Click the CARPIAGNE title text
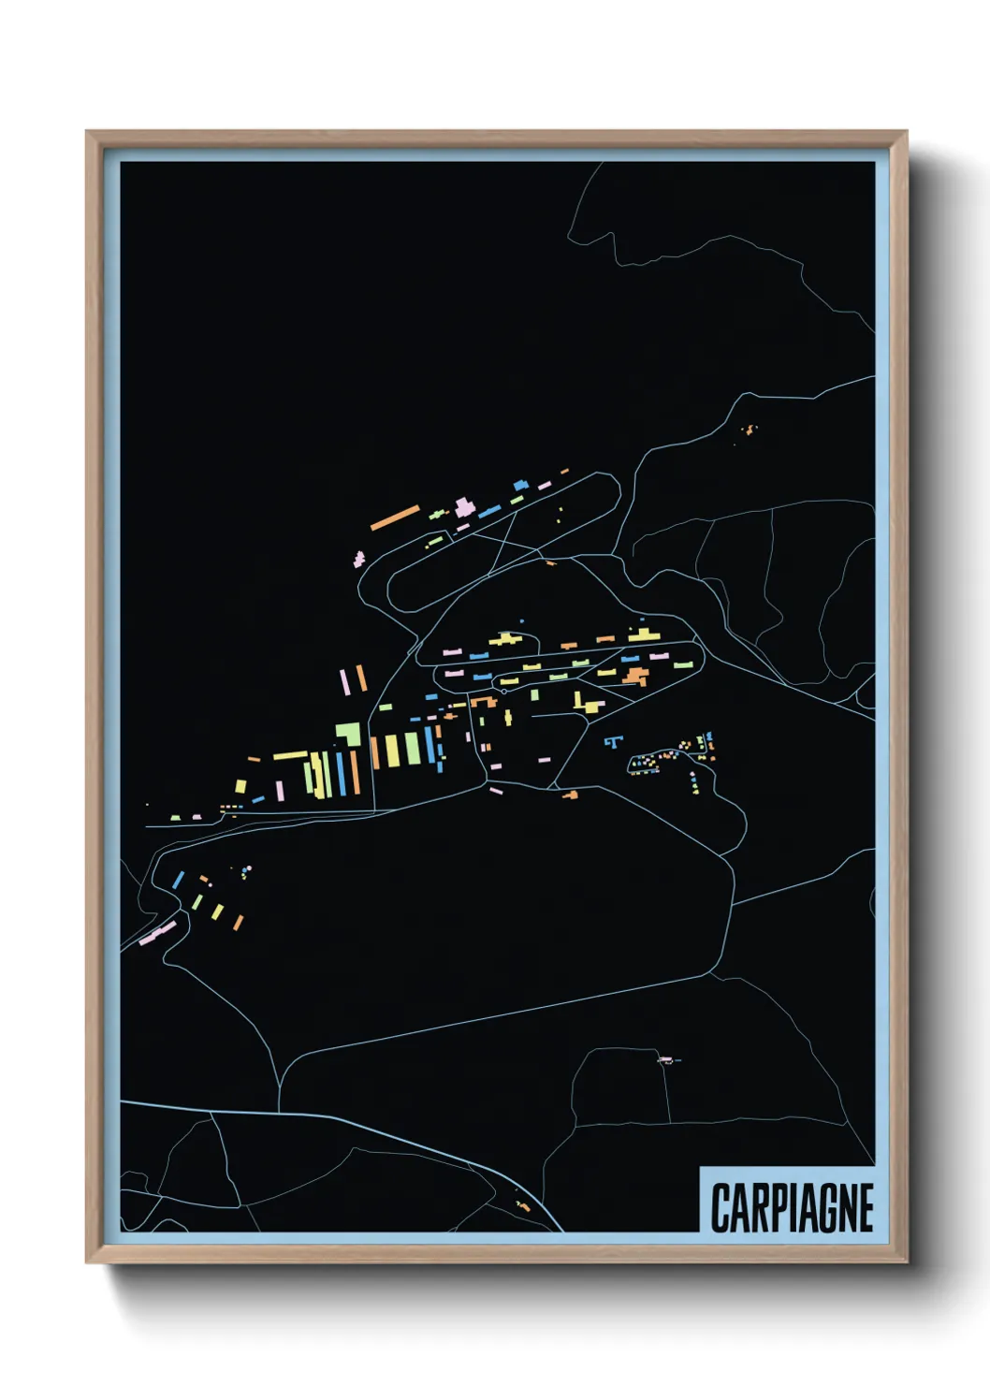[792, 1207]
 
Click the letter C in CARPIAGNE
[721, 1208]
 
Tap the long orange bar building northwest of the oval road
[395, 518]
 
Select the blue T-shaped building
[613, 742]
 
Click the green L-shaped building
[349, 734]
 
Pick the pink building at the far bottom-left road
[157, 933]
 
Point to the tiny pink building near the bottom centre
[664, 1059]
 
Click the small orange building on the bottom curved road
[523, 1205]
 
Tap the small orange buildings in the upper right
[749, 430]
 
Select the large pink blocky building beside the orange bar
[463, 507]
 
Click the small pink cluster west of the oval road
[358, 559]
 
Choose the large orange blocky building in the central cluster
[636, 675]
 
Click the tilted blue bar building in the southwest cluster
[178, 880]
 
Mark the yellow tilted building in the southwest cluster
[217, 911]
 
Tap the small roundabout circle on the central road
[504, 692]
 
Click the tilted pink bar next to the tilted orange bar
[344, 680]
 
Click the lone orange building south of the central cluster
[570, 795]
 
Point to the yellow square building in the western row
[240, 786]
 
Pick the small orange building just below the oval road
[550, 563]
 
